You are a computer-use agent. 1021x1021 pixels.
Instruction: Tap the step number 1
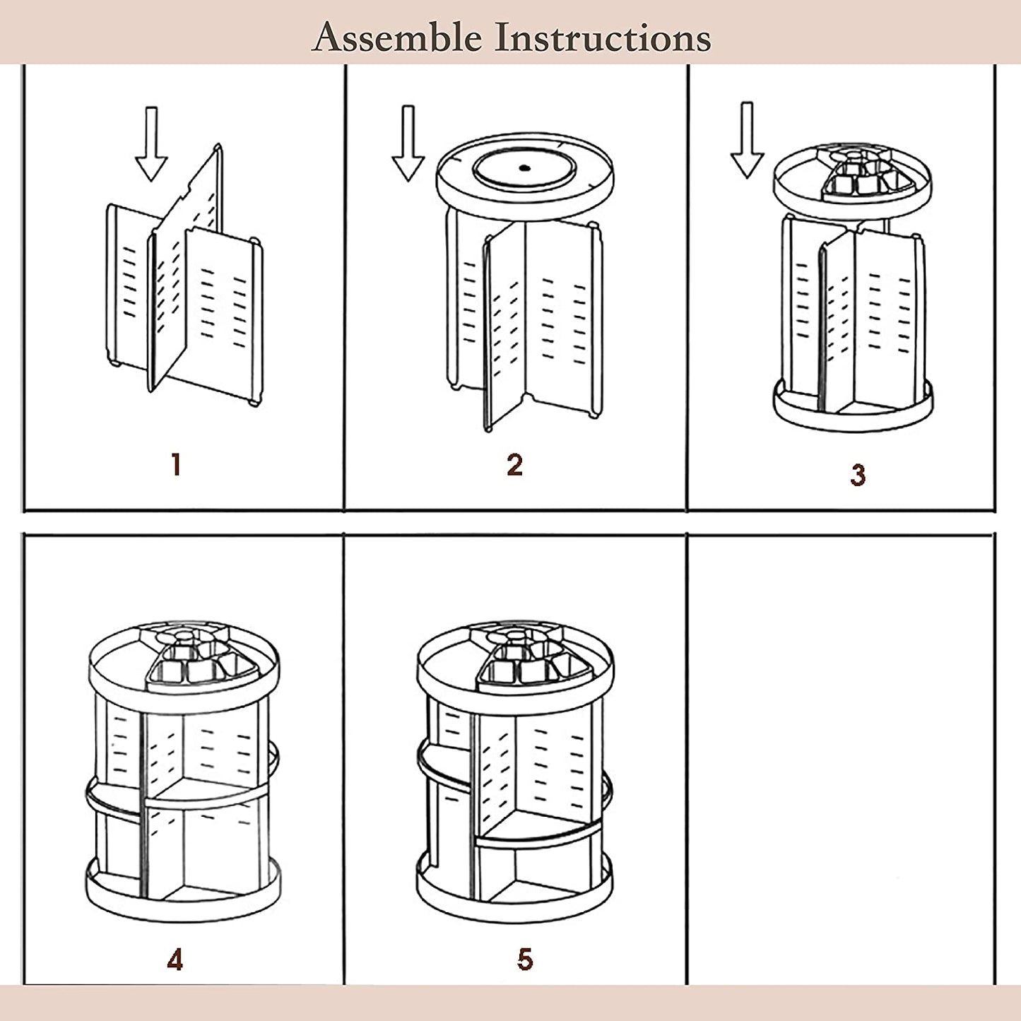point(176,465)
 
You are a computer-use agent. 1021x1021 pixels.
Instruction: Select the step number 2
point(514,465)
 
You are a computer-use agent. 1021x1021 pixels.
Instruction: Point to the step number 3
point(858,475)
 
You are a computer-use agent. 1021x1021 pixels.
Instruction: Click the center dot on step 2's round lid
point(524,168)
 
